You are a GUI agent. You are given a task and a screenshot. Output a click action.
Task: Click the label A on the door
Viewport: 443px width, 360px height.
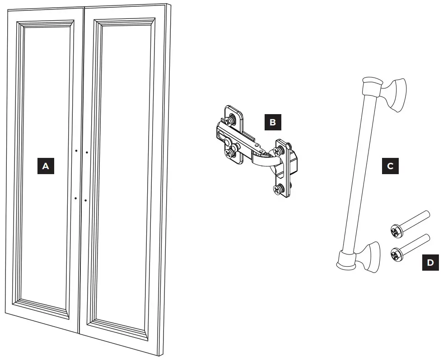click(45, 166)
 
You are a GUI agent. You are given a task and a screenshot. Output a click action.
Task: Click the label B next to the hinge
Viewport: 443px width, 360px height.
click(272, 122)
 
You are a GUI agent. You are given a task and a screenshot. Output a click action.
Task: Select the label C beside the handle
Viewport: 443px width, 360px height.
click(390, 166)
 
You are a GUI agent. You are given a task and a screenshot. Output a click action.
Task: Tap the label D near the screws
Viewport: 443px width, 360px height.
click(430, 263)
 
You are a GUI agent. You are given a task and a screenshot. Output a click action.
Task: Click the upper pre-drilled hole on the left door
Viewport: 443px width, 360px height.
click(76, 150)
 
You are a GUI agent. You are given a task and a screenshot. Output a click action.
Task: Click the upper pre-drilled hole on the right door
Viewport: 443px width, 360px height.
click(86, 152)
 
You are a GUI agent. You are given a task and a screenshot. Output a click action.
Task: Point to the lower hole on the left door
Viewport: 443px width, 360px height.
click(76, 198)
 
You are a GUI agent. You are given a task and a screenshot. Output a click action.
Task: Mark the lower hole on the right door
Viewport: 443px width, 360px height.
click(85, 200)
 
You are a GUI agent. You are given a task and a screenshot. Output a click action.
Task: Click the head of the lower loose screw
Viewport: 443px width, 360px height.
click(394, 256)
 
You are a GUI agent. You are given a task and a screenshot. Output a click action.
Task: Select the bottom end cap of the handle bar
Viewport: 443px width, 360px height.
click(346, 261)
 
